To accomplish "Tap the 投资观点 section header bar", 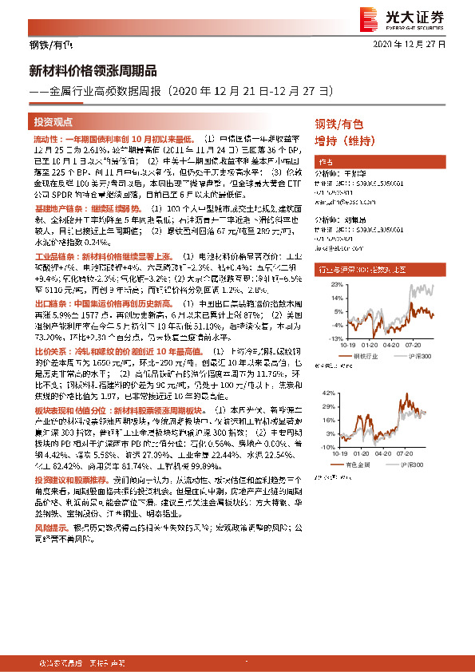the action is (x=53, y=122).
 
